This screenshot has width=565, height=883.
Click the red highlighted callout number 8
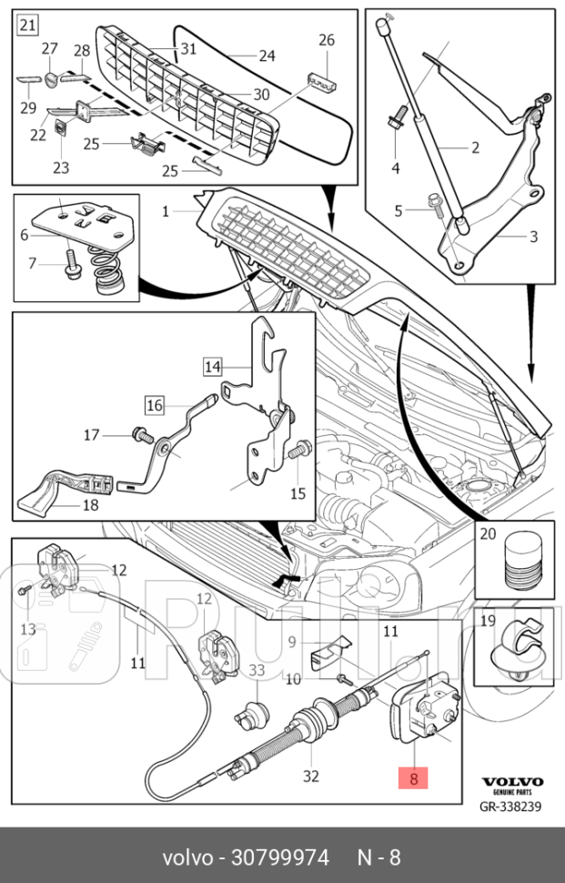coord(413,778)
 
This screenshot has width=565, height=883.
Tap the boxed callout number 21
coord(27,25)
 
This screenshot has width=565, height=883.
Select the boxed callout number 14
coord(212,367)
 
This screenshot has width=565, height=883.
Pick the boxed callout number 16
coord(154,403)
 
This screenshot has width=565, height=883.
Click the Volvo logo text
coord(512,782)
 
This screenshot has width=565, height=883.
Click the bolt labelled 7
coord(74,265)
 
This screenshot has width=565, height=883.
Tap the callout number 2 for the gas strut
coord(474,147)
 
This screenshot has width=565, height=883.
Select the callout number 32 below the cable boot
coord(311,776)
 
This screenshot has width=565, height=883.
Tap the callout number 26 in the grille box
coord(327,40)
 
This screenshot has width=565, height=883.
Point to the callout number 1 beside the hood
coord(166,211)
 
